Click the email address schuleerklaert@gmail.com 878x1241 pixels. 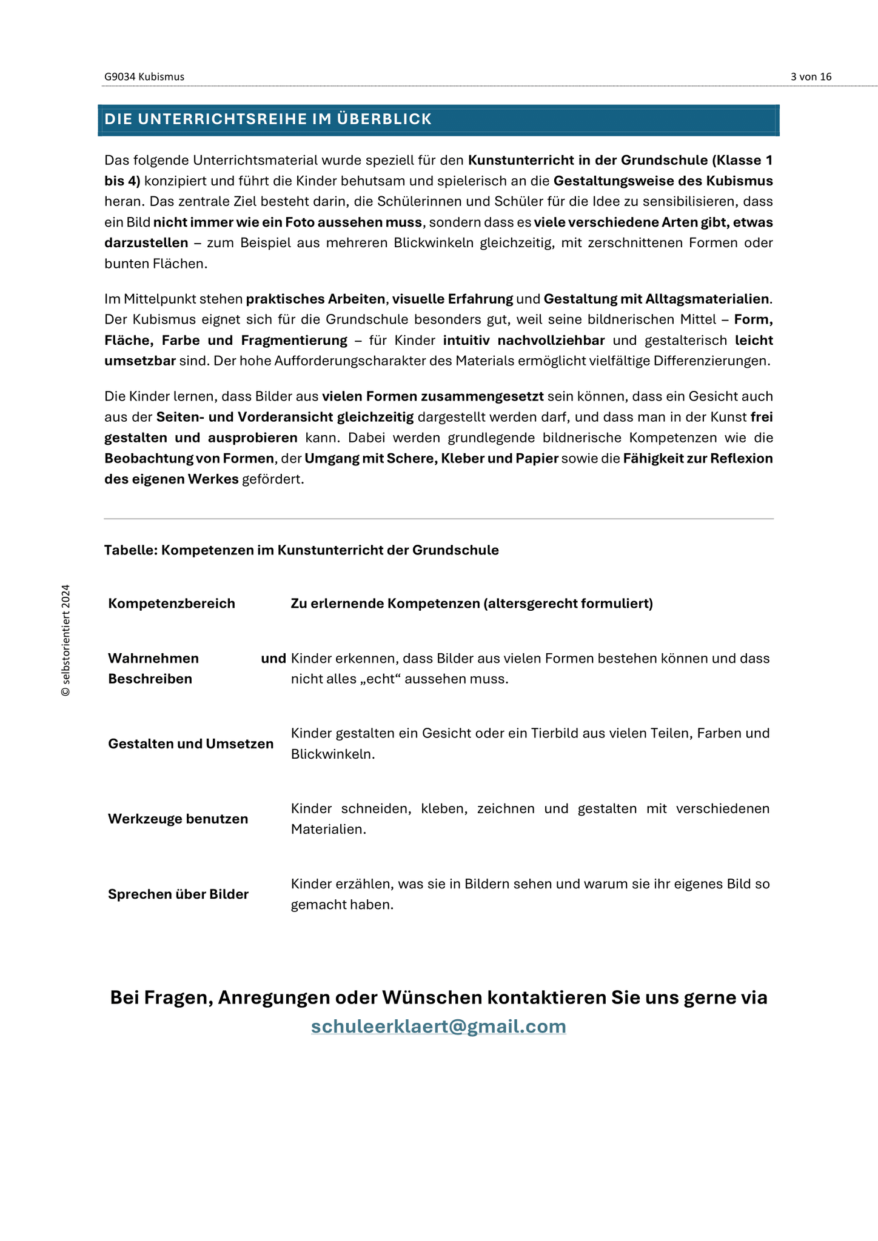(438, 1026)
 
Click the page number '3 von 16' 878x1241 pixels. (811, 77)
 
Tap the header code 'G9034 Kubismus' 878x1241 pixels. (144, 77)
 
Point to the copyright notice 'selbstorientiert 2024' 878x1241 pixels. (66, 640)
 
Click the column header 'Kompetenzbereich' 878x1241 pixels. (172, 604)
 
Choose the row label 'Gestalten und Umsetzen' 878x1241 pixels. (190, 744)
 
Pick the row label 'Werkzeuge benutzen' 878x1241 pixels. (178, 819)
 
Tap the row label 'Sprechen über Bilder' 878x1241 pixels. (178, 894)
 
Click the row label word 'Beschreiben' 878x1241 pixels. (150, 679)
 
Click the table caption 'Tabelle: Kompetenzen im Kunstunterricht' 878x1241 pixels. (301, 550)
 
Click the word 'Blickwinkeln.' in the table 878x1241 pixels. (333, 754)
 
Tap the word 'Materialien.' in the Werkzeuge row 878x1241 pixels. (328, 830)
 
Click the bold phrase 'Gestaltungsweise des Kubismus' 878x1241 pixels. (663, 181)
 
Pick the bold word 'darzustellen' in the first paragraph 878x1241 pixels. (146, 243)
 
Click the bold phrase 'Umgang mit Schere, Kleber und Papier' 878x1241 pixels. (431, 459)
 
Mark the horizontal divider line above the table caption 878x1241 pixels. (438, 519)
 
